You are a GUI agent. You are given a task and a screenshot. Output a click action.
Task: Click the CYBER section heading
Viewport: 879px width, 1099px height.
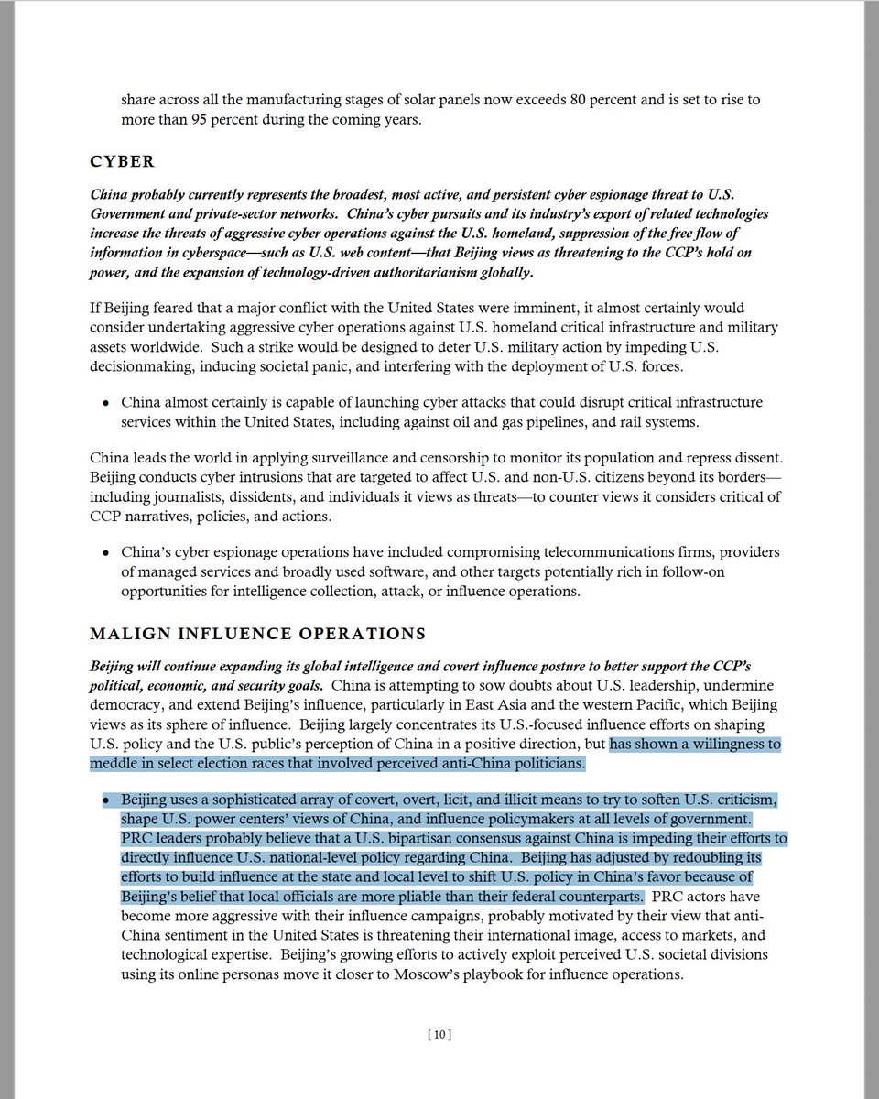(x=122, y=162)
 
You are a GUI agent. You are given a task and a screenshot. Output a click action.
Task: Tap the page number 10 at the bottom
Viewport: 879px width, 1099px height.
(x=439, y=1035)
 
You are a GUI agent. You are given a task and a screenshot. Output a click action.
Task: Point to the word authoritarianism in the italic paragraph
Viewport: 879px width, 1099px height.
(x=412, y=273)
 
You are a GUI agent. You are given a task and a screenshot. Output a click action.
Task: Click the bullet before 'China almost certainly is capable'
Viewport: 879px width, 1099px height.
(x=106, y=403)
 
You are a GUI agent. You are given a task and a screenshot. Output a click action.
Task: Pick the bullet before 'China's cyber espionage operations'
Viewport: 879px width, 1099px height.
(x=106, y=553)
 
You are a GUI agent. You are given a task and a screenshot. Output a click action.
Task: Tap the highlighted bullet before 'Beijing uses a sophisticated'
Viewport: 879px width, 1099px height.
(x=106, y=800)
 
